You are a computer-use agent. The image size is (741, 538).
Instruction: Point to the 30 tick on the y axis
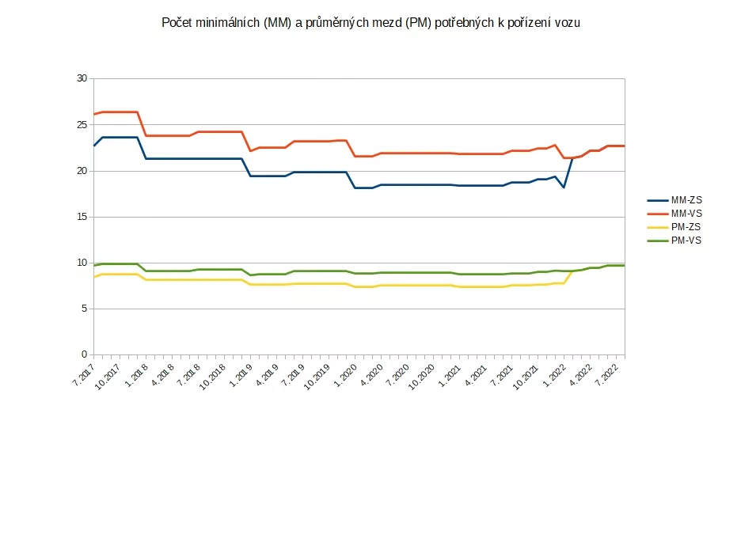tap(82, 78)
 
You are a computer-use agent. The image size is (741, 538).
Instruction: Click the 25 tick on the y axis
tap(82, 125)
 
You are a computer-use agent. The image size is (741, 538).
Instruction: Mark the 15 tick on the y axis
tap(82, 217)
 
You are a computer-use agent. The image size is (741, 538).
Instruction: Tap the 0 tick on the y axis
tap(84, 354)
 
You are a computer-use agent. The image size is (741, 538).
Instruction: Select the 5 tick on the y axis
tap(84, 309)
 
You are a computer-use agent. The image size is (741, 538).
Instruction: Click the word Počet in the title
tap(177, 24)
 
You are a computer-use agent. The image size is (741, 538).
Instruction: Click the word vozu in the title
tap(566, 24)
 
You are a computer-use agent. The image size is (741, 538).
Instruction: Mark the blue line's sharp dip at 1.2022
tap(564, 187)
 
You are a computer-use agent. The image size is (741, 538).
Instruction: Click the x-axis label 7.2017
tap(83, 373)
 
